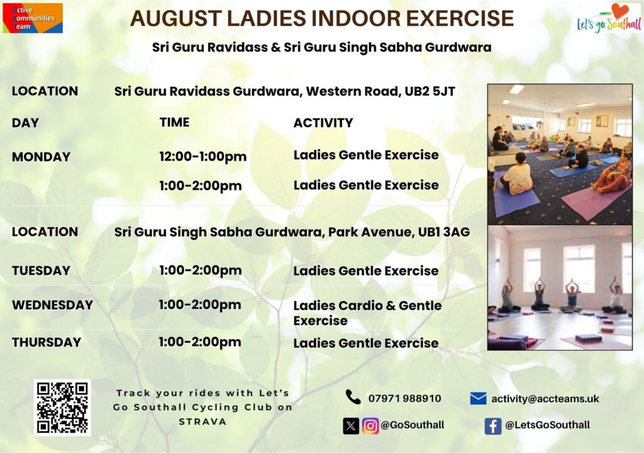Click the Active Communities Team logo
click(x=33, y=18)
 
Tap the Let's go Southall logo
click(x=609, y=18)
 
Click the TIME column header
click(x=175, y=123)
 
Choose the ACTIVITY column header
click(x=323, y=123)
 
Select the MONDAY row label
click(x=41, y=156)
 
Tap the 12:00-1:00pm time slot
click(x=203, y=156)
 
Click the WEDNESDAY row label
click(x=53, y=305)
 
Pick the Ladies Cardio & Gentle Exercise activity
click(x=367, y=313)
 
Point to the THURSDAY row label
click(x=47, y=342)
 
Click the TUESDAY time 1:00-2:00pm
click(x=201, y=271)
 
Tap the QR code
click(x=62, y=408)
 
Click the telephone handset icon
click(x=353, y=397)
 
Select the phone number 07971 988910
click(x=404, y=398)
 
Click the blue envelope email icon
click(x=478, y=398)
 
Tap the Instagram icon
click(x=370, y=426)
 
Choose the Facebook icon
click(x=493, y=426)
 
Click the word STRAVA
click(x=203, y=422)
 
